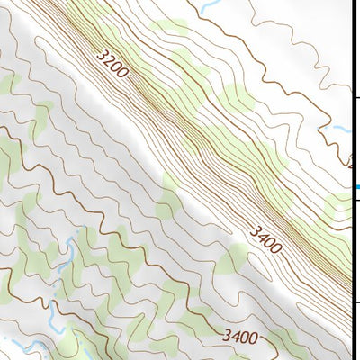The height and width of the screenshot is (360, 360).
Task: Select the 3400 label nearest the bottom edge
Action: [240, 338]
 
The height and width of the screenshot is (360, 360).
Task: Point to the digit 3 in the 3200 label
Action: [102, 56]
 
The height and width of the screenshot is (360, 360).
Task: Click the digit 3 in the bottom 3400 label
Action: [227, 337]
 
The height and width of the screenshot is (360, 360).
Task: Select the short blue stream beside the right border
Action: [342, 130]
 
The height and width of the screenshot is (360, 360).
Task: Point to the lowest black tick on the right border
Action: [354, 301]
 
